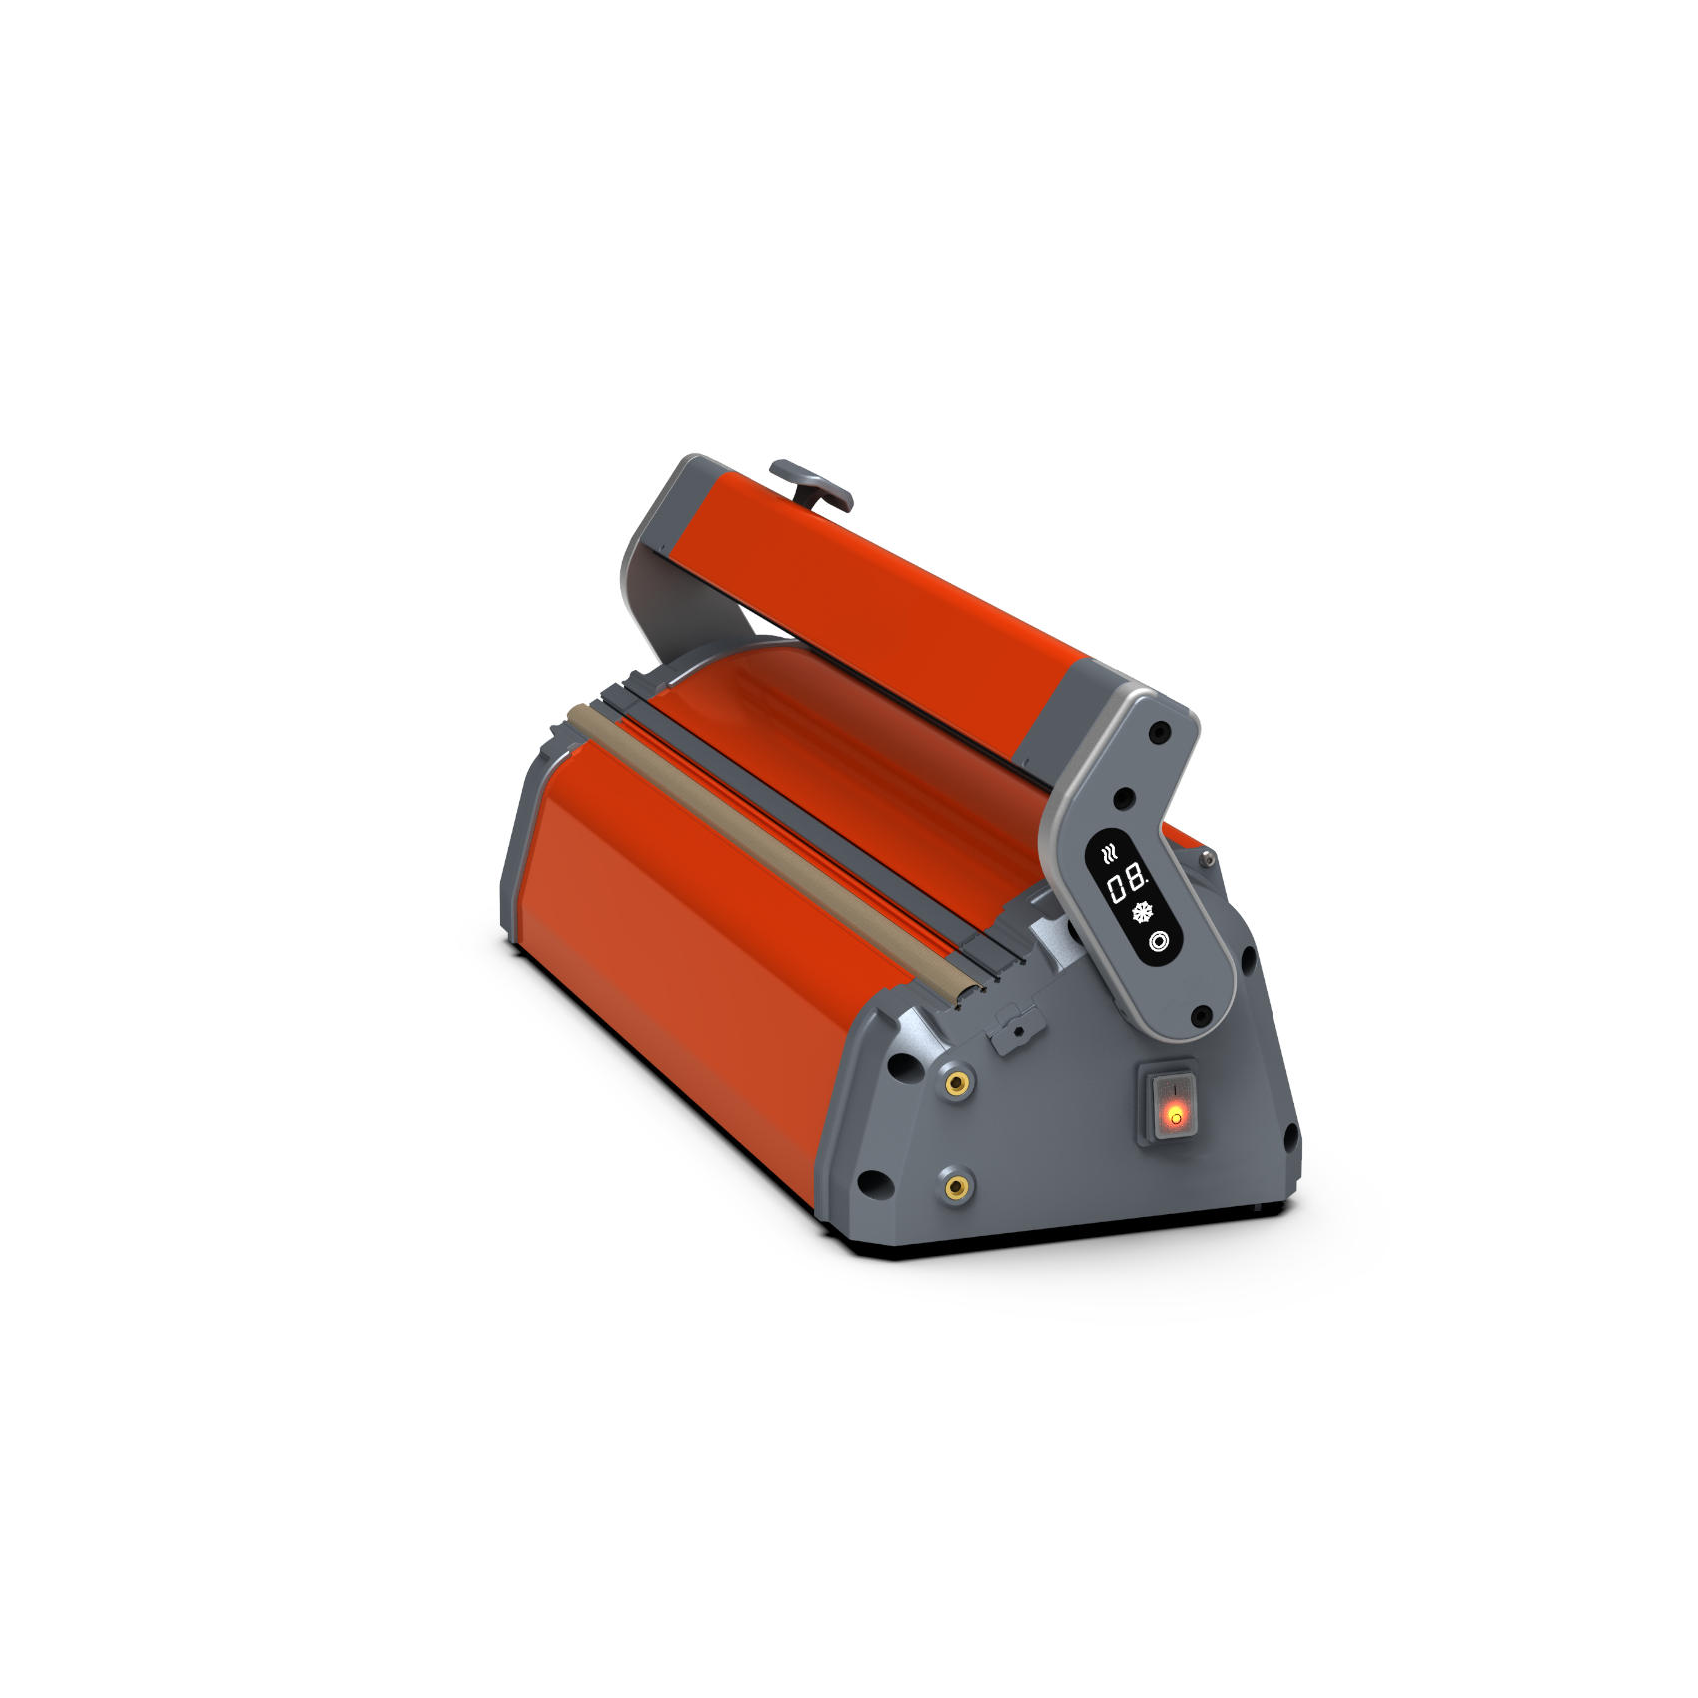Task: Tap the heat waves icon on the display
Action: [1108, 853]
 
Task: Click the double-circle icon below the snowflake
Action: [1159, 941]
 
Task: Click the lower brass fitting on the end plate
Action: [958, 1187]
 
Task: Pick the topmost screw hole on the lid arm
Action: [1159, 733]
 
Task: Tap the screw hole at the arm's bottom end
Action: [1202, 1016]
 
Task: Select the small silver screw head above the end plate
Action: [1208, 856]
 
